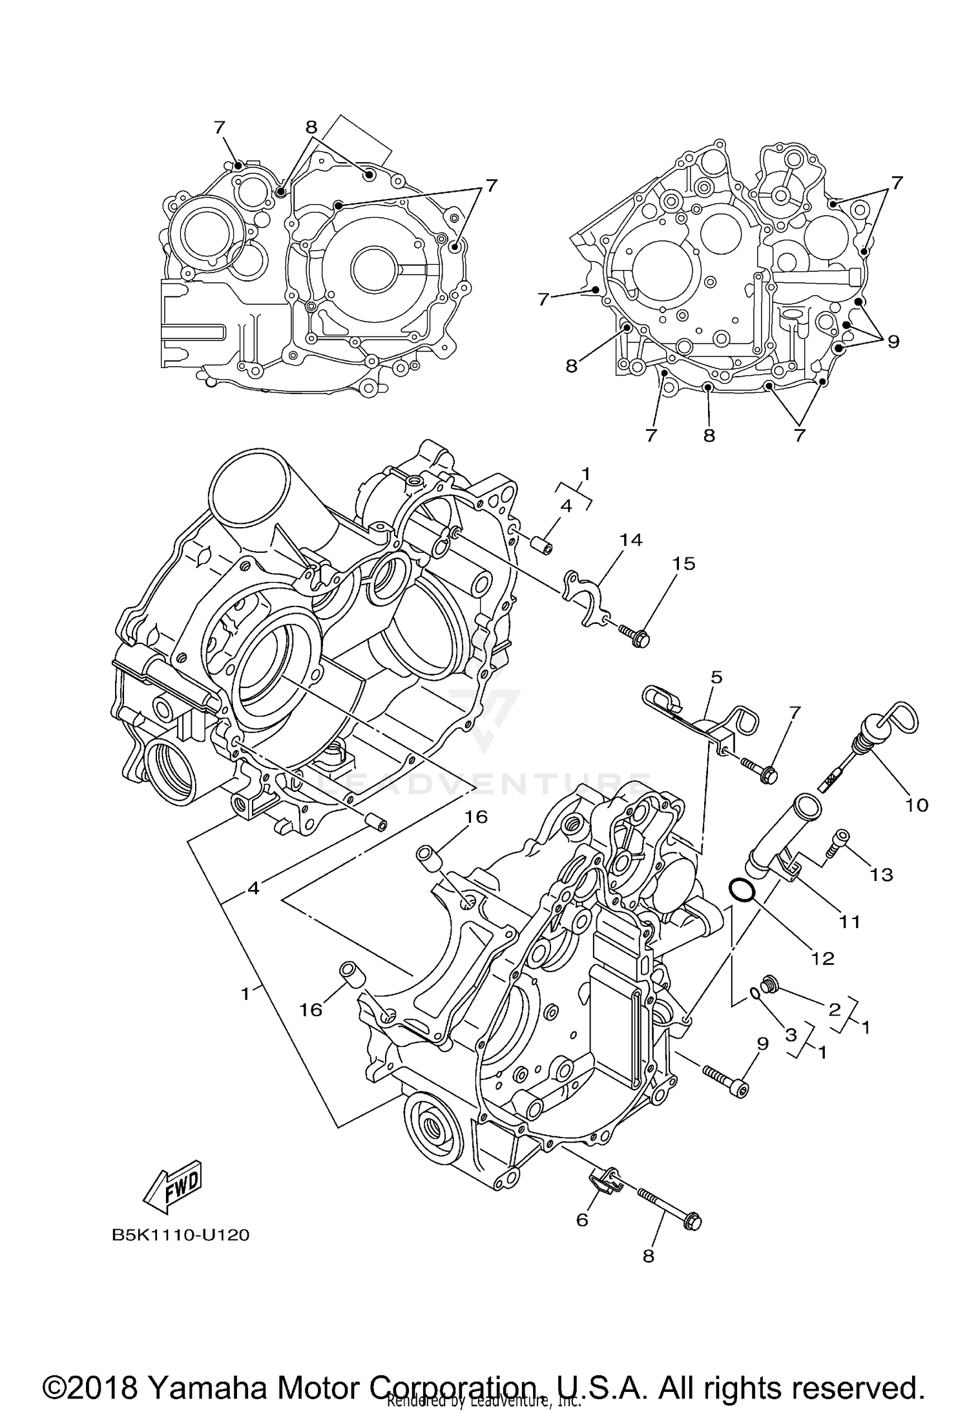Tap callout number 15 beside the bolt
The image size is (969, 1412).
tap(683, 564)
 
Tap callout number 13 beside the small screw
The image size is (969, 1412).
tap(881, 875)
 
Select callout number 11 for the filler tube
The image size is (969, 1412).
tap(849, 922)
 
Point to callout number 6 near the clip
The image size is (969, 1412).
tap(582, 1220)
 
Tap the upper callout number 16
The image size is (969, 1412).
tap(476, 817)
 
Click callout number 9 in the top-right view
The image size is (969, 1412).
tap(893, 341)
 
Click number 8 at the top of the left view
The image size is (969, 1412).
tap(311, 127)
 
